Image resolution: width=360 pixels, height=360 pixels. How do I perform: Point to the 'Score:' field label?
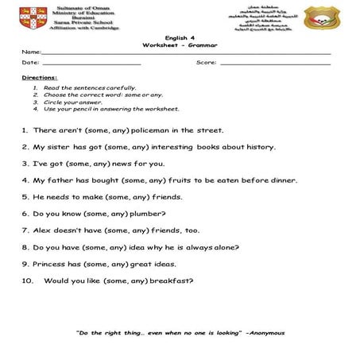205,62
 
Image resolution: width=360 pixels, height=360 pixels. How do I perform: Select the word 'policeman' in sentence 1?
154,130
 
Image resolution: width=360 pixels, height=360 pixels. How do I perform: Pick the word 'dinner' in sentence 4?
283,180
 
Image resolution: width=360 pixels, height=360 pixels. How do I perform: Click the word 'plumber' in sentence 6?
149,214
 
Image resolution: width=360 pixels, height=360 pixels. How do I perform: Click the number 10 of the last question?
27,281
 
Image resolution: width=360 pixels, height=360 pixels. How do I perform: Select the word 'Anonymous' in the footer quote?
266,333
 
